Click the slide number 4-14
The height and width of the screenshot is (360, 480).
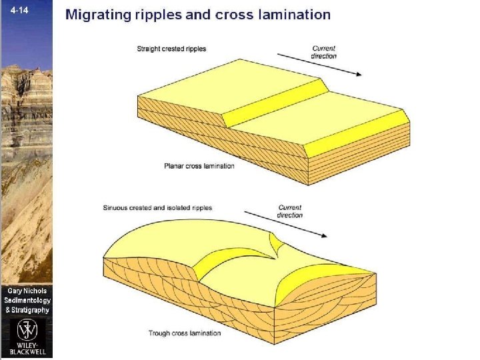(14, 11)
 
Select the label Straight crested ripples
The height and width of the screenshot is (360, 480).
(171, 49)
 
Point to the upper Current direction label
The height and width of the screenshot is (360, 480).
(324, 52)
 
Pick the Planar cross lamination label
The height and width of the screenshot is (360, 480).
(199, 166)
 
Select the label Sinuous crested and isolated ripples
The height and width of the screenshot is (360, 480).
(157, 208)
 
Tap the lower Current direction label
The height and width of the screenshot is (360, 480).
(290, 211)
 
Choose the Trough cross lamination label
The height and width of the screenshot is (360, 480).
(185, 333)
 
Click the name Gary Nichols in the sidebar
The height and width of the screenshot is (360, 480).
(27, 291)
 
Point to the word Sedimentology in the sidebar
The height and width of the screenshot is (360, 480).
(27, 301)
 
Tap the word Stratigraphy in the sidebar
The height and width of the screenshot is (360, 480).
(31, 310)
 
